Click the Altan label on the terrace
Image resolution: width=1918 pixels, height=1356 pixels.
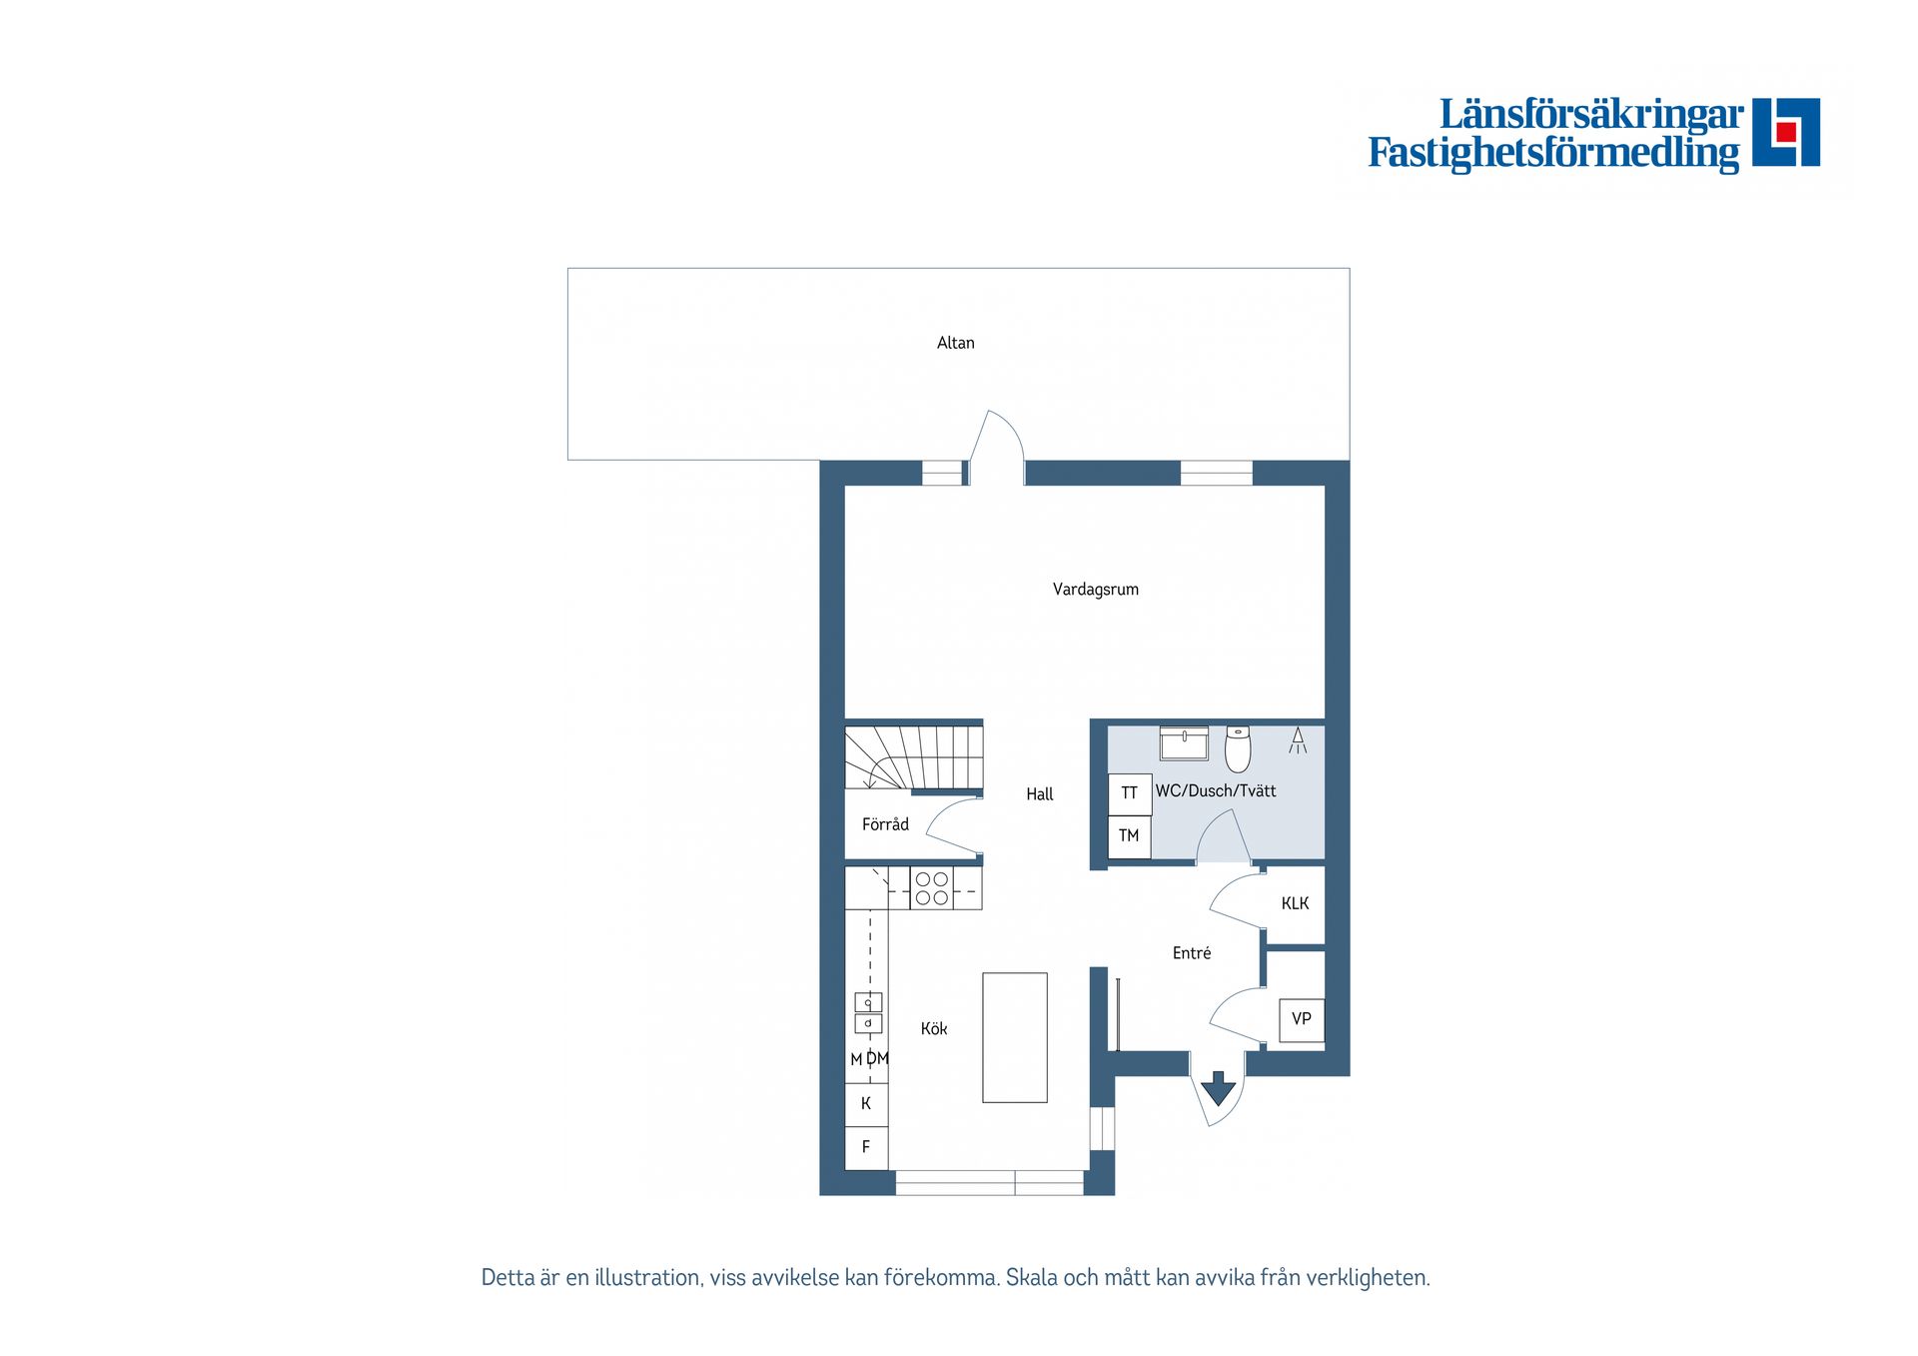click(x=955, y=343)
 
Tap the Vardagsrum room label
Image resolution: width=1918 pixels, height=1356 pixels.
click(x=1095, y=590)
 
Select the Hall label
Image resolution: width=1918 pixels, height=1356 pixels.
click(x=1039, y=794)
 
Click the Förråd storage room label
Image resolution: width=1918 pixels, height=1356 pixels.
click(x=885, y=824)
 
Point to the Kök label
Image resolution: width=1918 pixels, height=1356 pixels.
click(x=933, y=1028)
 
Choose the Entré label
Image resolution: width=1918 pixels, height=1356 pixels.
click(x=1191, y=953)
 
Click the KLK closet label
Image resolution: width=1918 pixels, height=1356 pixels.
click(x=1295, y=903)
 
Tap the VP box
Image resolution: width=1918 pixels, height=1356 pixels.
click(x=1302, y=1020)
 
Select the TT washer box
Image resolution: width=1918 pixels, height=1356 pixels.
click(x=1130, y=793)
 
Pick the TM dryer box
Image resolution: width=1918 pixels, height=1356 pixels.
click(x=1130, y=836)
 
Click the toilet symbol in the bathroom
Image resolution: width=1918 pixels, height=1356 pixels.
click(x=1238, y=749)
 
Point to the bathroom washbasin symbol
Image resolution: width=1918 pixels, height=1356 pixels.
click(x=1184, y=743)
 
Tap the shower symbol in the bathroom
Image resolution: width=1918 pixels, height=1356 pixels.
click(x=1298, y=740)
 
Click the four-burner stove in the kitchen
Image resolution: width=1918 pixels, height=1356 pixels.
click(x=931, y=888)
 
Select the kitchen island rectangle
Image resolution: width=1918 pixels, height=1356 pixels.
click(x=1014, y=1037)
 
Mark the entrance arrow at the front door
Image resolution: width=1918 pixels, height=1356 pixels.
click(x=1218, y=1088)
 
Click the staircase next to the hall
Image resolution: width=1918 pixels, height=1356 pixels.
click(x=913, y=757)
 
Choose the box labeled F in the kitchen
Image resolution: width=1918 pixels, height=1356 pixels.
click(x=866, y=1147)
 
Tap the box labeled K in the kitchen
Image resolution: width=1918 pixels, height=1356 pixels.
click(x=866, y=1104)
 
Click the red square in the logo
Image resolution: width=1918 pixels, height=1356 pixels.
click(x=1786, y=132)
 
